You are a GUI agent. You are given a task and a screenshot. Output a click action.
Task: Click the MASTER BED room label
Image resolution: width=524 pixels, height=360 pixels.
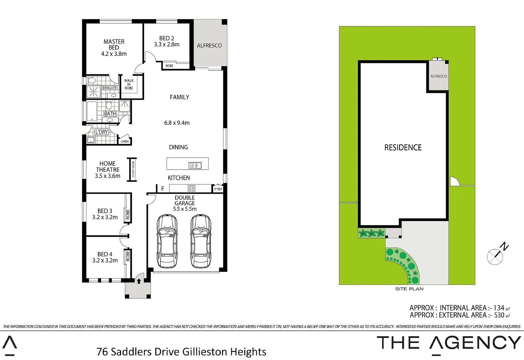point(114,45)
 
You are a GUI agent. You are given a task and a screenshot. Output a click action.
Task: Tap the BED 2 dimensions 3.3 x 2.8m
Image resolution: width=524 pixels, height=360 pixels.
point(167,44)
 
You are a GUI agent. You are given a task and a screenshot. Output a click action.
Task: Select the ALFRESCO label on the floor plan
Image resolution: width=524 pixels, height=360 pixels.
point(209,46)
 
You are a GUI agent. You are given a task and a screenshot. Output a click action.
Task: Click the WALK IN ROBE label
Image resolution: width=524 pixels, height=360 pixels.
point(129,84)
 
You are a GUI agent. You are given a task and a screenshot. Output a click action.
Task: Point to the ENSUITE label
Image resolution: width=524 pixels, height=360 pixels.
point(110,88)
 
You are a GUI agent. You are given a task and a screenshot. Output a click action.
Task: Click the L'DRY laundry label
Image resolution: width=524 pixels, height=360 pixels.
point(101,132)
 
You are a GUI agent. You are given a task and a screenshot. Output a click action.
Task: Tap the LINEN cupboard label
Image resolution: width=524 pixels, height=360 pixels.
point(124,141)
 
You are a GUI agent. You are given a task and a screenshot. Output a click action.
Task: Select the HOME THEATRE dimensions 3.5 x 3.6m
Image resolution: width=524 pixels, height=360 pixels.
point(107,176)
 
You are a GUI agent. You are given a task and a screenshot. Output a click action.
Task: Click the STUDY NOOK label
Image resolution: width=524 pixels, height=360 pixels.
point(133,169)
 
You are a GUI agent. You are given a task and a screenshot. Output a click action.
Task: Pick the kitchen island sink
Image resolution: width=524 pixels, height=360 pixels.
point(195,165)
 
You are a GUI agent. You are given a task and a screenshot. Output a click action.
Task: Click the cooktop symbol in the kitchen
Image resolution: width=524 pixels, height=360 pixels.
point(191,188)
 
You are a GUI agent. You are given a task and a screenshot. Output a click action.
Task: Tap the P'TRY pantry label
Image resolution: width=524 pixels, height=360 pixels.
point(218,189)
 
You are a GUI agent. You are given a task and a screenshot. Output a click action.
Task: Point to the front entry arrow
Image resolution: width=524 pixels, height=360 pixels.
point(139,281)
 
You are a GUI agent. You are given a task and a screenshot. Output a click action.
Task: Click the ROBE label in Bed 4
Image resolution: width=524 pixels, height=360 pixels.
point(128,256)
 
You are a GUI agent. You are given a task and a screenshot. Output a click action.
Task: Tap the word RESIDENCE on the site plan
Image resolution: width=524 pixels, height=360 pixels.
point(403,147)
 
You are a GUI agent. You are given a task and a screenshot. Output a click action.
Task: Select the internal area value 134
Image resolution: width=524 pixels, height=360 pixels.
point(499,308)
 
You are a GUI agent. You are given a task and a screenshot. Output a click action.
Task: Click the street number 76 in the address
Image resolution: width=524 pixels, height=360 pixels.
point(102,352)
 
